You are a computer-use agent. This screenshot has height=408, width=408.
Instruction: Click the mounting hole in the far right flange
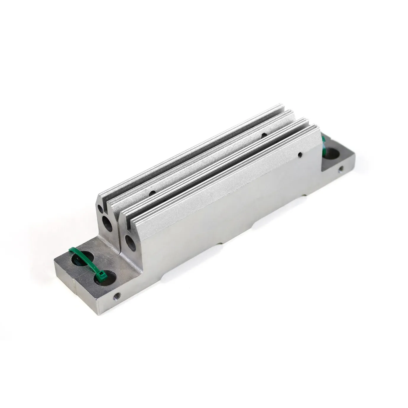pyautogui.click(x=333, y=154)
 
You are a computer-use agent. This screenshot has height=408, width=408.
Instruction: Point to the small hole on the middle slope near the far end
pyautogui.click(x=263, y=135)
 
